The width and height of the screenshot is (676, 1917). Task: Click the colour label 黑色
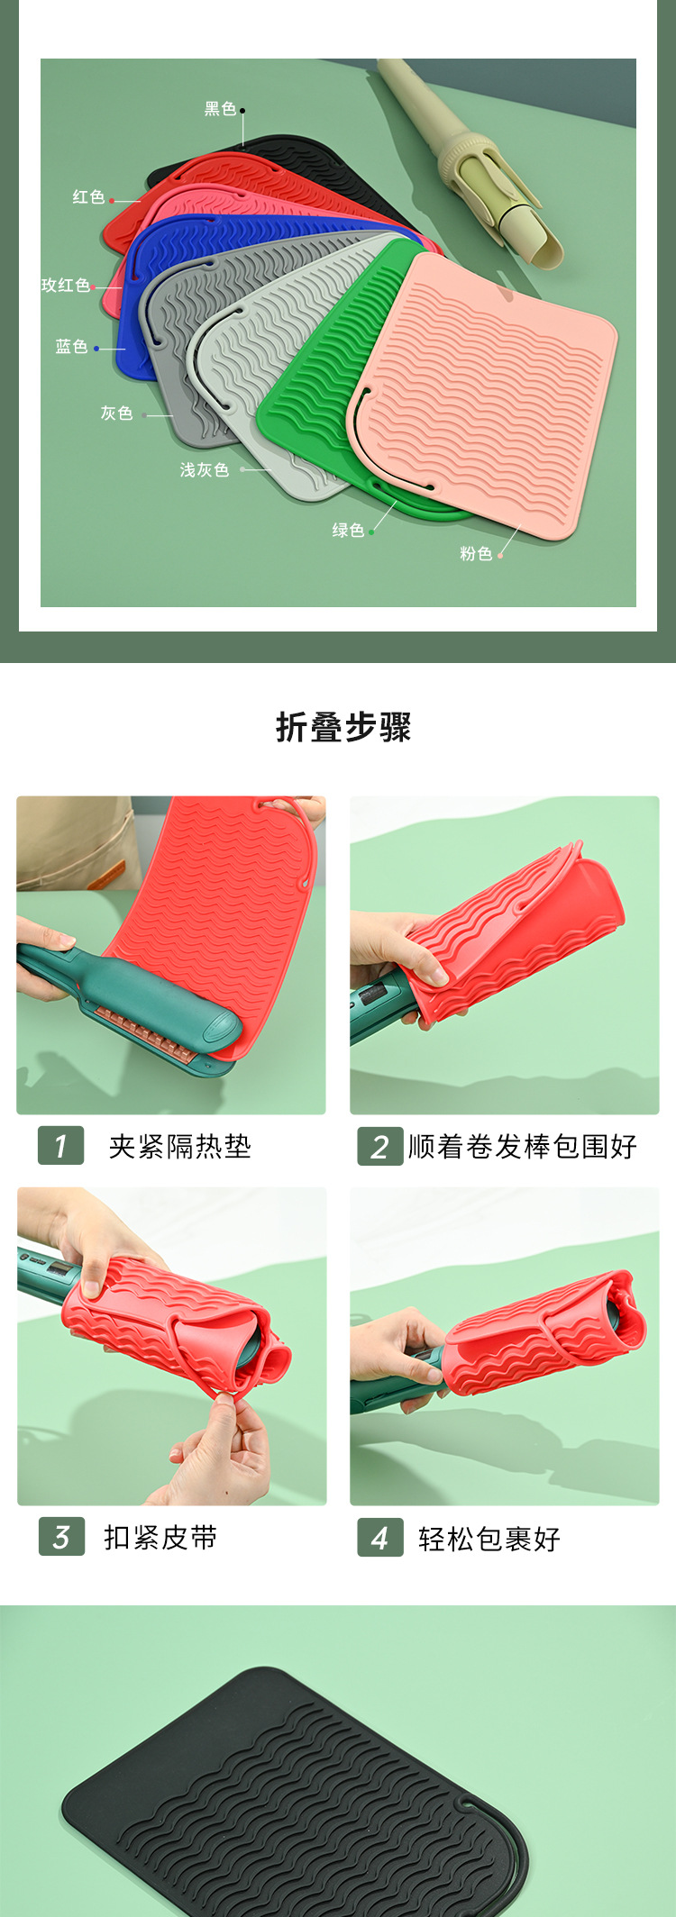pyautogui.click(x=220, y=109)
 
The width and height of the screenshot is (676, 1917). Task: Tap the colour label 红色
pyautogui.click(x=88, y=196)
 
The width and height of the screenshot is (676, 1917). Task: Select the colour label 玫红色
pyautogui.click(x=66, y=285)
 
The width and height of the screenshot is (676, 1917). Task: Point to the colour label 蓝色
pyautogui.click(x=71, y=346)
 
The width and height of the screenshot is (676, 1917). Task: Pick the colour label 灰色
pyautogui.click(x=116, y=413)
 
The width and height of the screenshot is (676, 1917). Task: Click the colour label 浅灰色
pyautogui.click(x=205, y=469)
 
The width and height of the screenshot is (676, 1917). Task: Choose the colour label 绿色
pyautogui.click(x=348, y=530)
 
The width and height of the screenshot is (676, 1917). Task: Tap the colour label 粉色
pyautogui.click(x=476, y=553)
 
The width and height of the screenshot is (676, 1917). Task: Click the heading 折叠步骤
pyautogui.click(x=343, y=727)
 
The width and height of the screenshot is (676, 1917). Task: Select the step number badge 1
pyautogui.click(x=60, y=1145)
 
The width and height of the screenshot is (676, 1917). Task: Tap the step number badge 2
pyautogui.click(x=379, y=1146)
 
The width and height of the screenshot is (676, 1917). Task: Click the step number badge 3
pyautogui.click(x=61, y=1536)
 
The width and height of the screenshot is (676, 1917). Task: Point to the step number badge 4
pyautogui.click(x=379, y=1537)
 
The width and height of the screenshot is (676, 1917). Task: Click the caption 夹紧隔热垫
pyautogui.click(x=179, y=1146)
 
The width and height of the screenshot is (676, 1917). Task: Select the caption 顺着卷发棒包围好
pyautogui.click(x=523, y=1146)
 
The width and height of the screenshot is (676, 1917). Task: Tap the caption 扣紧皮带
pyautogui.click(x=160, y=1537)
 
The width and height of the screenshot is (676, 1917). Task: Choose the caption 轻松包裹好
pyautogui.click(x=489, y=1539)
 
